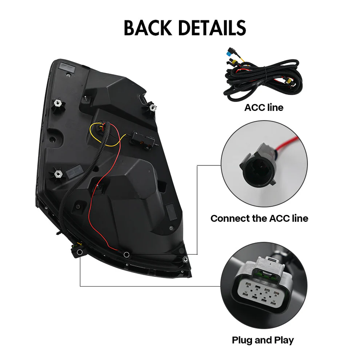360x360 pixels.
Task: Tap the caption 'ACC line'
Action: click(x=264, y=108)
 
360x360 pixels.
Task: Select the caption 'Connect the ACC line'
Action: click(x=259, y=219)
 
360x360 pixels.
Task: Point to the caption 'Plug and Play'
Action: click(x=263, y=340)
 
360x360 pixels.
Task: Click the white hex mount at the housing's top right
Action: click(x=153, y=107)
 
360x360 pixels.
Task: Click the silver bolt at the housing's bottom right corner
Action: click(x=185, y=259)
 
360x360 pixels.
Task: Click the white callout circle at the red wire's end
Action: click(x=126, y=255)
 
